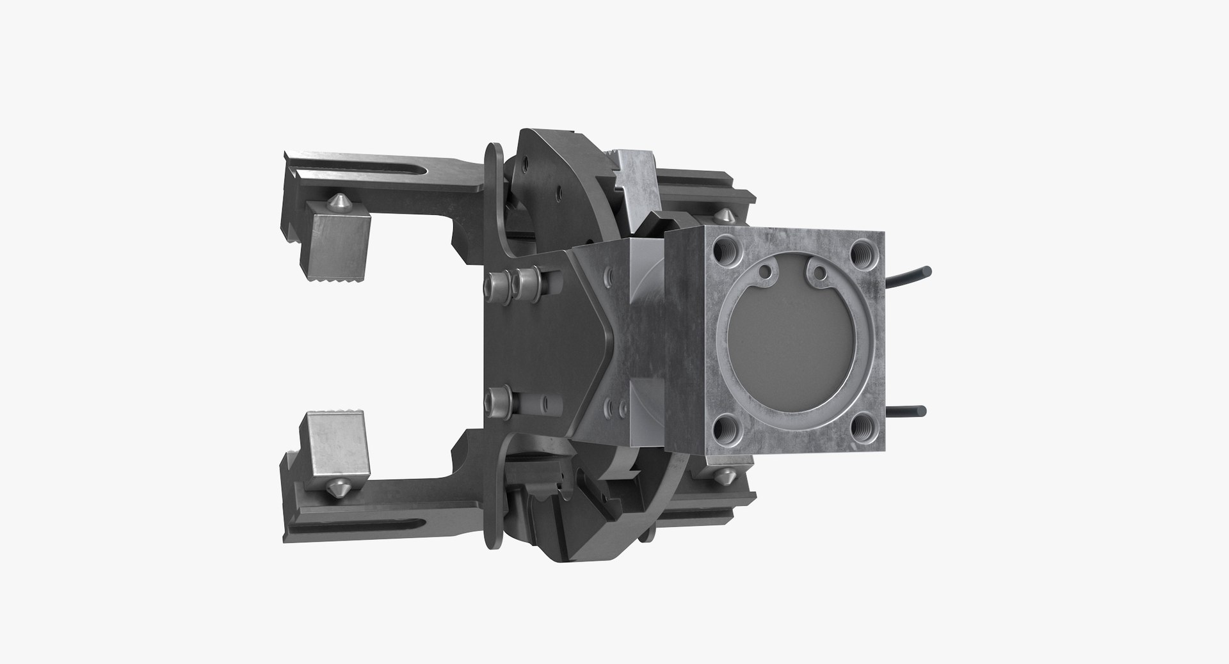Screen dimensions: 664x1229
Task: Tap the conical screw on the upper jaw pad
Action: (335, 204)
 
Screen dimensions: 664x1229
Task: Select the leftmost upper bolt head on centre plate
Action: (497, 282)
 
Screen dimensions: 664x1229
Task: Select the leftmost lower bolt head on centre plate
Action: (497, 401)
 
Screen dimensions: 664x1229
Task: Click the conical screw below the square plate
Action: (726, 476)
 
